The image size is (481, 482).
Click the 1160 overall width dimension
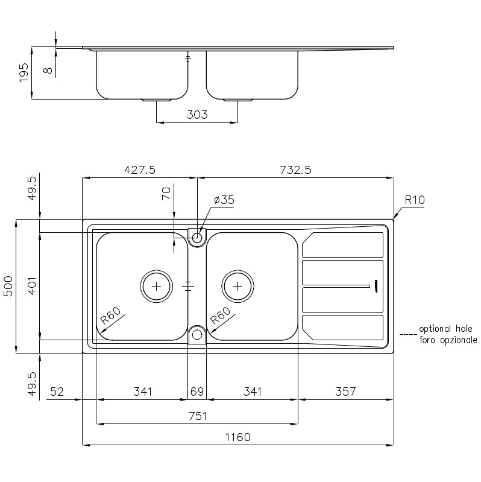237,437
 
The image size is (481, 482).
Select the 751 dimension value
198,416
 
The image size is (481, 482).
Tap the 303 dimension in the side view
197,115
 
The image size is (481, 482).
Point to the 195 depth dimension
24,72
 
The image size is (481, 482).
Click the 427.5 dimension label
140,170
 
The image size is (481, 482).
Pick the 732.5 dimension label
295,170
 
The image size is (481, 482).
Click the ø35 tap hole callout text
224,200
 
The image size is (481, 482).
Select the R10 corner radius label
415,200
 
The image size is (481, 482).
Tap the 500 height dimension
8,286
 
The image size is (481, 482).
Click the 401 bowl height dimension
33,286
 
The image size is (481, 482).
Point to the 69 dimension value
197,392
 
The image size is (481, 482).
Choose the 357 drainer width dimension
345,392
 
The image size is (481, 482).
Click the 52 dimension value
57,392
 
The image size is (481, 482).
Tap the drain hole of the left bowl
156,286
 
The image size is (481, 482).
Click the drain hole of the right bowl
237,286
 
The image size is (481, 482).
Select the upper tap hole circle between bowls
197,237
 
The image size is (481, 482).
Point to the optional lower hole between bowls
197,334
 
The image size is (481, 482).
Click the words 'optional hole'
445,329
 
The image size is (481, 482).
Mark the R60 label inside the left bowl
111,316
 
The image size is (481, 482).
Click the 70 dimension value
166,194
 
